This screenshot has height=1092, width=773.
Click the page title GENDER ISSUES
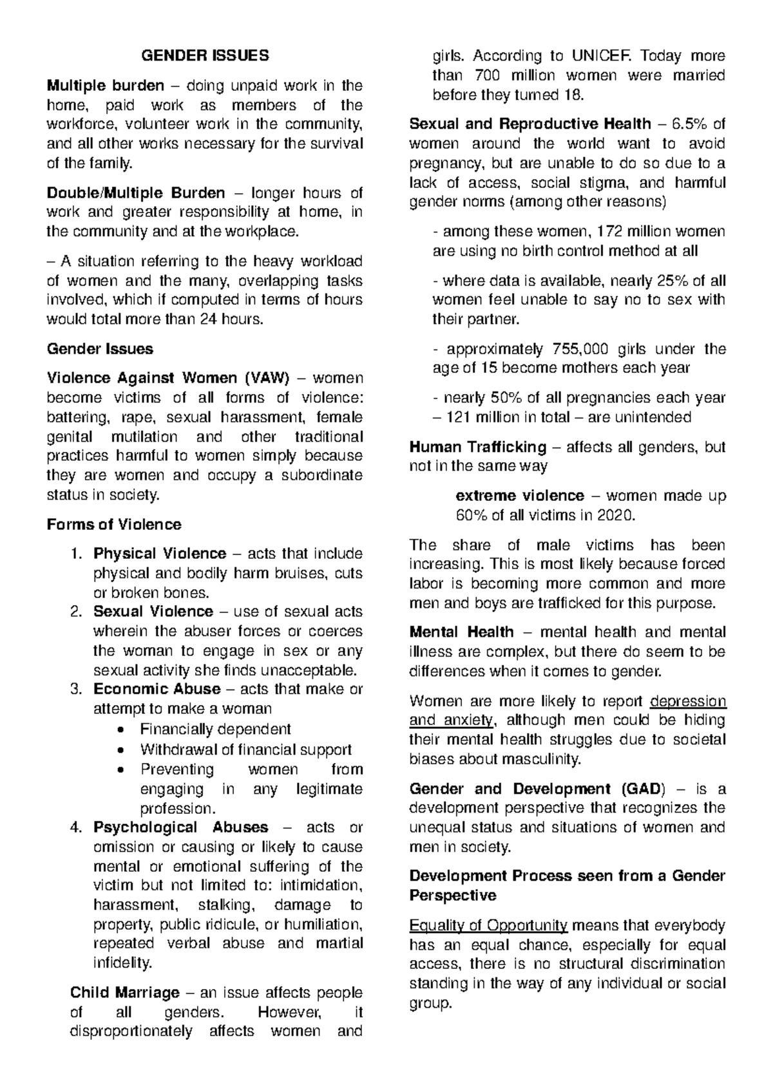[x=205, y=56]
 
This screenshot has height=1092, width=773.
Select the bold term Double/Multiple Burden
[x=136, y=193]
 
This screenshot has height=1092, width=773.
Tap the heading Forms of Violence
[x=114, y=525]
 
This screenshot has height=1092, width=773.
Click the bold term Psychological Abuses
[x=180, y=827]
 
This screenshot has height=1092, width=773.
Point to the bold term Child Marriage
[x=124, y=993]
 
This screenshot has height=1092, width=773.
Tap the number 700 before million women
[x=486, y=76]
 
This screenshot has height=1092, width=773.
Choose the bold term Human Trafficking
[x=477, y=447]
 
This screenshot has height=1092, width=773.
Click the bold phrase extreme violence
[x=519, y=496]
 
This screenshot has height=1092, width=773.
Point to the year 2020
[x=616, y=516]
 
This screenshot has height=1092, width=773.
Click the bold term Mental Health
[x=461, y=632]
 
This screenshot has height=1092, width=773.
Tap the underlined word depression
[x=688, y=701]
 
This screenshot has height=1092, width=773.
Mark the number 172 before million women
[x=611, y=232]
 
